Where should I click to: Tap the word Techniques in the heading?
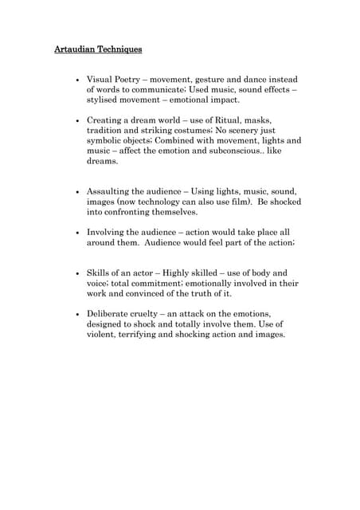pos(121,49)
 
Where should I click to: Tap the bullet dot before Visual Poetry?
pos(76,82)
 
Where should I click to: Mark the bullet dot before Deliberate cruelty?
pos(76,314)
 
